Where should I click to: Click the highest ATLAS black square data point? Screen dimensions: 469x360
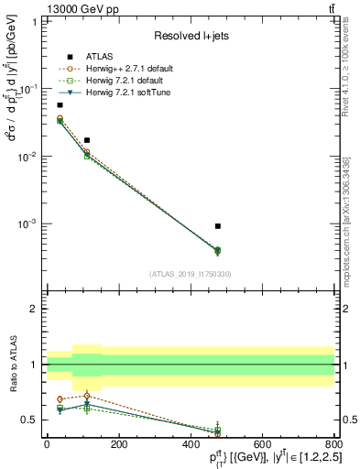60,105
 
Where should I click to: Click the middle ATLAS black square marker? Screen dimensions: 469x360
87,140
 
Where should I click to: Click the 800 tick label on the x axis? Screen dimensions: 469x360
333,444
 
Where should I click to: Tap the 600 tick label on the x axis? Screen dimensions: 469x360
262,444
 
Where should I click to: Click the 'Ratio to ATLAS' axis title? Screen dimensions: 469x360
13,365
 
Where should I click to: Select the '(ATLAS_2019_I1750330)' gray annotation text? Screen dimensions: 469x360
191,274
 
